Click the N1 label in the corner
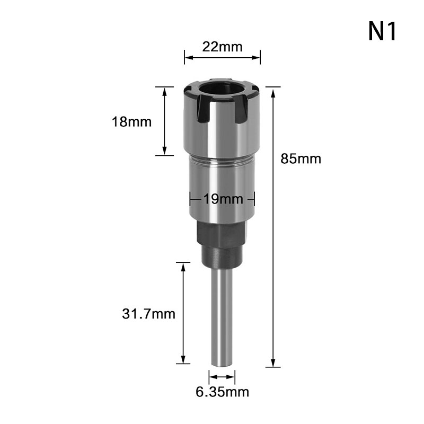coord(382,31)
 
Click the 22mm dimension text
coord(222,47)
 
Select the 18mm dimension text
coord(131,122)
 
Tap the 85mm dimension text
coord(301,158)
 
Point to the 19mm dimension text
coord(223,199)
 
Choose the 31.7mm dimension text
coord(149,314)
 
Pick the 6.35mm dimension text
coord(222,392)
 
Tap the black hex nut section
coord(222,234)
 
